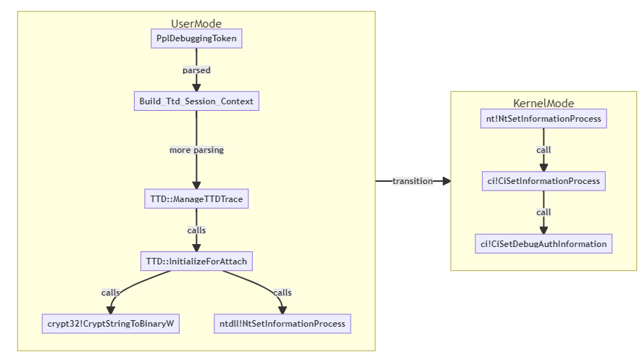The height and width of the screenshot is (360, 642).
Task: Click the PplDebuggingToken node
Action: click(196, 38)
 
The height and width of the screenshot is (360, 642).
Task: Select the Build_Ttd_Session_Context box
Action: click(196, 101)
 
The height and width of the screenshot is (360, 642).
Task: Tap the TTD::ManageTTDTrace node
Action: click(196, 198)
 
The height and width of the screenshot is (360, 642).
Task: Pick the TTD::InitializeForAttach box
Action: click(196, 261)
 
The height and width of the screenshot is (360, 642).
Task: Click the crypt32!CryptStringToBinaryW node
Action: click(109, 323)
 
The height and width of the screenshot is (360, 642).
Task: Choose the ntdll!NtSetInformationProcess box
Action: click(283, 323)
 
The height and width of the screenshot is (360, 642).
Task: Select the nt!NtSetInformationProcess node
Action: click(543, 118)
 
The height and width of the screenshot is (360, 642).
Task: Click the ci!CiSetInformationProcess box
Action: click(543, 180)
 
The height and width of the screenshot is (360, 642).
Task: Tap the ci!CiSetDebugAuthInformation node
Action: click(543, 243)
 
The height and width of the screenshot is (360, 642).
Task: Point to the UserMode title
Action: click(196, 24)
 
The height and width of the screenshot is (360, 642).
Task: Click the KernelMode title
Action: click(543, 104)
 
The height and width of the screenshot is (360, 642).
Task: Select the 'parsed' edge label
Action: click(196, 70)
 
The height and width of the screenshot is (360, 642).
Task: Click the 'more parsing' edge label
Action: click(196, 150)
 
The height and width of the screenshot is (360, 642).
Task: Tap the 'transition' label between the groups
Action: click(412, 181)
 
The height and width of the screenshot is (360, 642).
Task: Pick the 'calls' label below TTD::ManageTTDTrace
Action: click(196, 230)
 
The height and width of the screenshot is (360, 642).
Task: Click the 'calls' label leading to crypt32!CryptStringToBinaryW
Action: click(111, 293)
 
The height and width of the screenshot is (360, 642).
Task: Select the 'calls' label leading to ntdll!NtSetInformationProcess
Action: click(282, 293)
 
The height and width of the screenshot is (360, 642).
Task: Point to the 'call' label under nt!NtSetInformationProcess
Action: click(543, 150)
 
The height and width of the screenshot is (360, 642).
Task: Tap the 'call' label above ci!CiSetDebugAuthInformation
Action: click(543, 212)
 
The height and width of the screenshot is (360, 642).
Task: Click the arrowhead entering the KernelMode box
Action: click(446, 181)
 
